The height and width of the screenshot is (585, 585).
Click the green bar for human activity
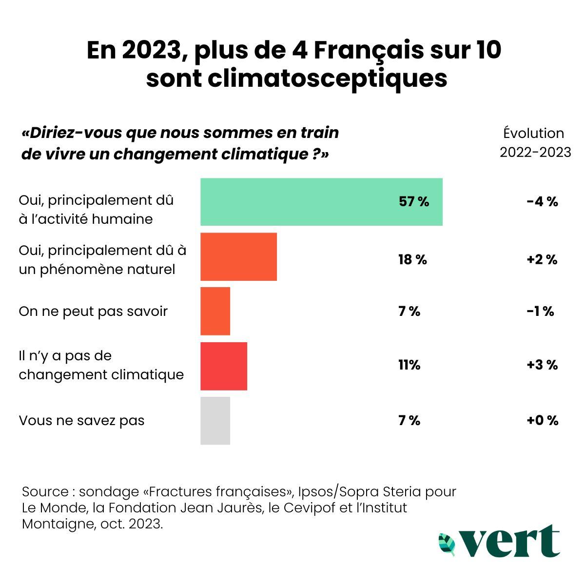pyautogui.click(x=321, y=202)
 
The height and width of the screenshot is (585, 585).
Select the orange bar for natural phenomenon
pyautogui.click(x=238, y=257)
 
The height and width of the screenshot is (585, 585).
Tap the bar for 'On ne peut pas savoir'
pyautogui.click(x=215, y=311)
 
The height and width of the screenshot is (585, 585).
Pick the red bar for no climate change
pyautogui.click(x=224, y=366)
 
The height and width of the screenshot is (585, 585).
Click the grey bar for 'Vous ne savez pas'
pyautogui.click(x=215, y=421)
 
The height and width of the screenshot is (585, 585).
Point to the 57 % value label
pyautogui.click(x=414, y=202)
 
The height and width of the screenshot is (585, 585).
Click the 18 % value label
pyautogui.click(x=412, y=260)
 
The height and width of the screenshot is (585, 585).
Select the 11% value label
pyautogui.click(x=409, y=365)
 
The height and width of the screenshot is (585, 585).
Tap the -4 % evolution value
pyautogui.click(x=542, y=202)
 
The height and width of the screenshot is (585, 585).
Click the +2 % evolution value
pyautogui.click(x=542, y=260)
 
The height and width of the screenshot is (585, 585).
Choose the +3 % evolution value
pyautogui.click(x=542, y=365)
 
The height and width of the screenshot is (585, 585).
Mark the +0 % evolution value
pyautogui.click(x=542, y=420)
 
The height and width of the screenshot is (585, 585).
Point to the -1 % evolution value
pyautogui.click(x=540, y=311)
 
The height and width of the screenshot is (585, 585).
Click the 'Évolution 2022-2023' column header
pyautogui.click(x=535, y=143)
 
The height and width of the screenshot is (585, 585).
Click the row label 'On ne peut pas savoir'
pyautogui.click(x=93, y=311)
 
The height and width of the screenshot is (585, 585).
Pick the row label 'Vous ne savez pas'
pyautogui.click(x=81, y=420)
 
